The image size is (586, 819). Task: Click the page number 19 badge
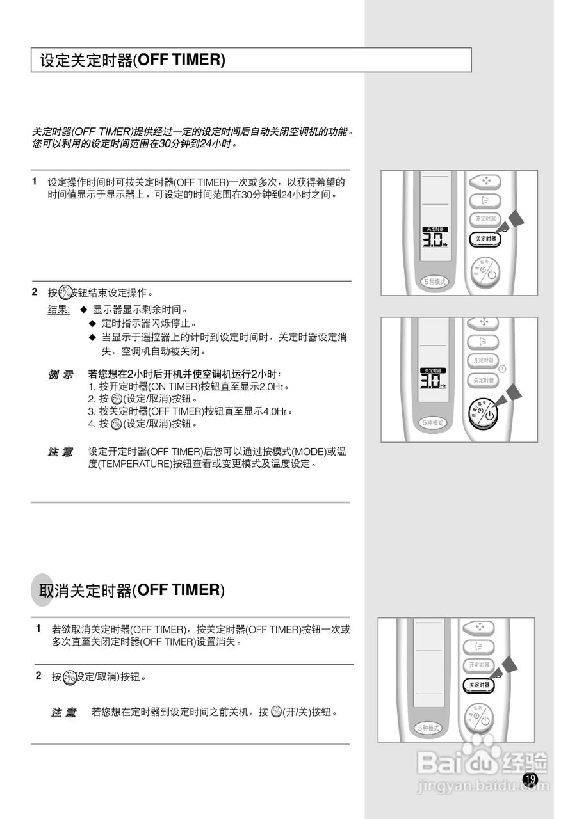pyautogui.click(x=530, y=779)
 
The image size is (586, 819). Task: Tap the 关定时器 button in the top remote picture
pyautogui.click(x=486, y=239)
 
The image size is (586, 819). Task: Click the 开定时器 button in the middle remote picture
pyautogui.click(x=484, y=360)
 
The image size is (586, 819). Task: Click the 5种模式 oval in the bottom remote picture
pyautogui.click(x=428, y=728)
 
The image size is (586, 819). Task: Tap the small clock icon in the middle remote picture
pyautogui.click(x=502, y=369)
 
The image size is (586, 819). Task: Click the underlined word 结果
pyautogui.click(x=59, y=309)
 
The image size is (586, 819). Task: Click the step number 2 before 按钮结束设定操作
pyautogui.click(x=35, y=292)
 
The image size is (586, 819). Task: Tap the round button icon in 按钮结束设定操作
pyautogui.click(x=66, y=293)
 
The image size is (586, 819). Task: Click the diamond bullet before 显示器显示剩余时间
pyautogui.click(x=83, y=309)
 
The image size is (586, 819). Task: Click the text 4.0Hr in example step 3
pyautogui.click(x=276, y=411)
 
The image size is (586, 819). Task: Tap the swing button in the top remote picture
pyautogui.click(x=485, y=200)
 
